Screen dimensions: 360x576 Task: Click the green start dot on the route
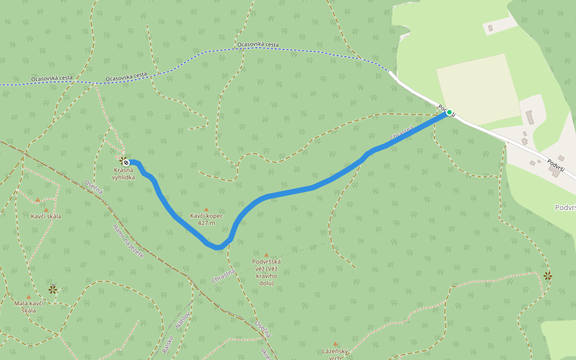pyautogui.click(x=449, y=112)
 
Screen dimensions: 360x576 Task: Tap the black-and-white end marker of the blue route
pyautogui.click(x=127, y=162)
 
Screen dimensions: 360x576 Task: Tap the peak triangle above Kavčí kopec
pyautogui.click(x=206, y=209)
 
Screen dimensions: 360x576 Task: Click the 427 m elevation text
pyautogui.click(x=206, y=223)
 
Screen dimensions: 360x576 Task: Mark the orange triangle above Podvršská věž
pyautogui.click(x=266, y=254)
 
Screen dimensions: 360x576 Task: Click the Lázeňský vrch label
pyautogui.click(x=335, y=354)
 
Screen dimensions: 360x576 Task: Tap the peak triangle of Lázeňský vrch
pyautogui.click(x=335, y=344)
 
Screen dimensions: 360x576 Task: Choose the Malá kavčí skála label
pyautogui.click(x=28, y=307)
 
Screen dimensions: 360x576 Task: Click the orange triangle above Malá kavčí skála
pyautogui.click(x=28, y=296)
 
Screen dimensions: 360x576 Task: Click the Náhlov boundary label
pyautogui.click(x=183, y=323)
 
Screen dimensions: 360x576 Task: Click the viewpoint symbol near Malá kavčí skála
pyautogui.click(x=53, y=289)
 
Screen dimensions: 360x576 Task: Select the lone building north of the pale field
pyautogui.click(x=490, y=28)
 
